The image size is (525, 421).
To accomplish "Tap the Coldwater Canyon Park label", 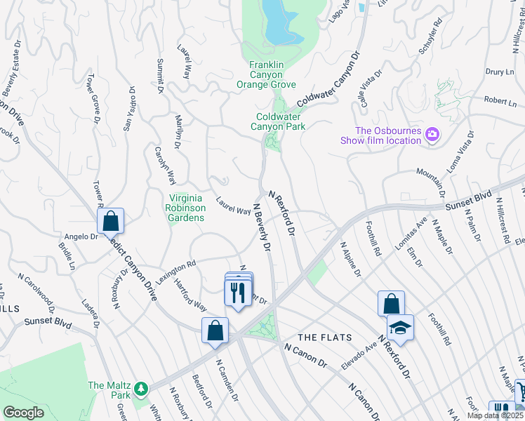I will pyautogui.click(x=281, y=121).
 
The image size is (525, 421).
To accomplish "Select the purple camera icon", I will pyautogui.click(x=432, y=134).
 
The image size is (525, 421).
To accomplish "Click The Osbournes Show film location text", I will pyautogui.click(x=388, y=135).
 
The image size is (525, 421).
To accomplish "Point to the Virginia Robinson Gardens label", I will pyautogui.click(x=185, y=208).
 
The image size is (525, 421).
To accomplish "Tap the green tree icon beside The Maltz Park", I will pyautogui.click(x=141, y=387).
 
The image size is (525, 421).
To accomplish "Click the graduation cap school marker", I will pyautogui.click(x=400, y=328).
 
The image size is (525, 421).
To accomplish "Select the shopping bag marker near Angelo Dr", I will pyautogui.click(x=111, y=222).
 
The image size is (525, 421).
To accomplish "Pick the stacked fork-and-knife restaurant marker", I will pyautogui.click(x=237, y=290).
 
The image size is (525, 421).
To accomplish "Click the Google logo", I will pyautogui.click(x=23, y=412).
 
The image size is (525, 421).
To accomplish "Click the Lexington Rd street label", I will pyautogui.click(x=175, y=272).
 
